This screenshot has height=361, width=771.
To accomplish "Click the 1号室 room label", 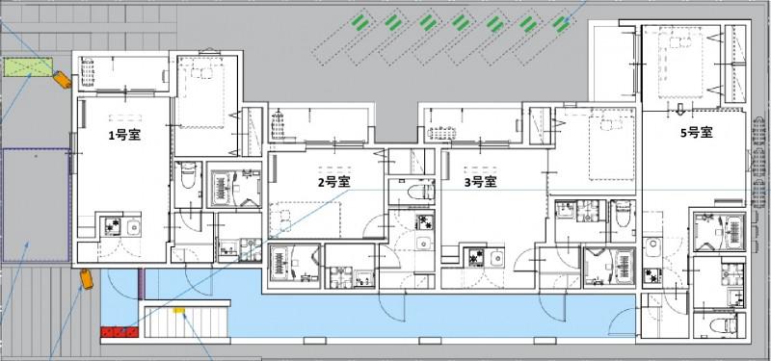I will pos(124,135).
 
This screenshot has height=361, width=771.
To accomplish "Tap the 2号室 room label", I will pos(333,180).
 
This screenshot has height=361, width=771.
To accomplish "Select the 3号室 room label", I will pos(479,180).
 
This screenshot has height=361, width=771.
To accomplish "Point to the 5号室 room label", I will pos(695,132).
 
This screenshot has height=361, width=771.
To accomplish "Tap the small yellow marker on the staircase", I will pos(178,310).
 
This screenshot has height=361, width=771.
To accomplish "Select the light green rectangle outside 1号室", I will pos(27,66).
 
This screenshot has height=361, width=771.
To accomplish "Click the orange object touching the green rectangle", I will pos(61,80).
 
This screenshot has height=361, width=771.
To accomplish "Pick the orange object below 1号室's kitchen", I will pos(85,279).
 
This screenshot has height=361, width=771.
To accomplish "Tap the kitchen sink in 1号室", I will pos(133,228).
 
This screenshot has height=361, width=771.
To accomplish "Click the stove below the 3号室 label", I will pos(475,257).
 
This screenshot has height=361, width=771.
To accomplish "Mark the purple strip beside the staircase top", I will pos(142,285).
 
